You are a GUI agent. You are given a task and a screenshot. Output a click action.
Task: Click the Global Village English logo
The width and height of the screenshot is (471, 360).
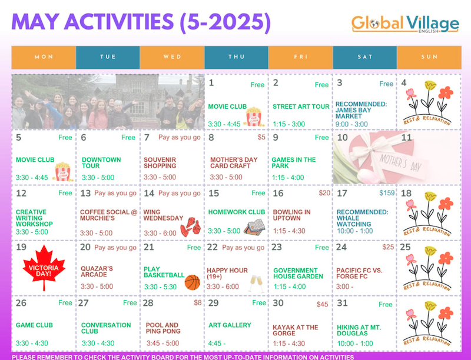[x=405, y=25]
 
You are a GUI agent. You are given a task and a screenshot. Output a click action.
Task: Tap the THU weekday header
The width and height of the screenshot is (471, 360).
[x=237, y=57]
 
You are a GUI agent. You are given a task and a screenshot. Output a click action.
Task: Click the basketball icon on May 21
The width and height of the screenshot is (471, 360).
[x=193, y=282]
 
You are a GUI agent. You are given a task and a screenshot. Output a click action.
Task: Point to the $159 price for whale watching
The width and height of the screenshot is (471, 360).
[x=387, y=193]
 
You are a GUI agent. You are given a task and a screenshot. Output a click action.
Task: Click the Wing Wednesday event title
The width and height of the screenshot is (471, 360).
[x=163, y=215]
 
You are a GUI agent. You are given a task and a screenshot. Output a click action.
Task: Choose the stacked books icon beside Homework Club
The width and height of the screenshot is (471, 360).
[x=254, y=227]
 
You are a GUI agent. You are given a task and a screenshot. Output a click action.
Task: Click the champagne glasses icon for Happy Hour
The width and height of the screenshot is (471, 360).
[x=256, y=283]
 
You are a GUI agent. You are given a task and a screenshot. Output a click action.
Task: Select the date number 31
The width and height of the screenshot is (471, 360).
[x=342, y=303]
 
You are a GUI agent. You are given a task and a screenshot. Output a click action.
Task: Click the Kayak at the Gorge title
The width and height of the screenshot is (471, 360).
[x=296, y=331]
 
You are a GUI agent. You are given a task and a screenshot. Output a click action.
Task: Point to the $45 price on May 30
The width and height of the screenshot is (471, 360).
[x=322, y=305]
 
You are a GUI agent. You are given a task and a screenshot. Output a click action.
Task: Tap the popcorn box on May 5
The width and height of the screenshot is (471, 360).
[x=62, y=172]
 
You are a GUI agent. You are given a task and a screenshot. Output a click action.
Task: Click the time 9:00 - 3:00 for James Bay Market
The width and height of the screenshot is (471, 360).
[x=351, y=124]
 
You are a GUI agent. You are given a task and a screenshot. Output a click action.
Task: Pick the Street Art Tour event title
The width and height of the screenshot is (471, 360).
[x=301, y=106]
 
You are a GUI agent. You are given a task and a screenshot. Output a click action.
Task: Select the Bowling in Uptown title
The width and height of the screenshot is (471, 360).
[x=291, y=215]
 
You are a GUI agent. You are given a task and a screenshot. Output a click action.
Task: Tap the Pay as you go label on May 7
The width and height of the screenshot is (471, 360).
[x=180, y=138]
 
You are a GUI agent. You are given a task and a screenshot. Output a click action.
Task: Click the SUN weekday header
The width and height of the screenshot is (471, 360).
[x=429, y=57]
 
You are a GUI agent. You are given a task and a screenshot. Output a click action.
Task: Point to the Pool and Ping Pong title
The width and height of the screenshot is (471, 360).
[x=163, y=328]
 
